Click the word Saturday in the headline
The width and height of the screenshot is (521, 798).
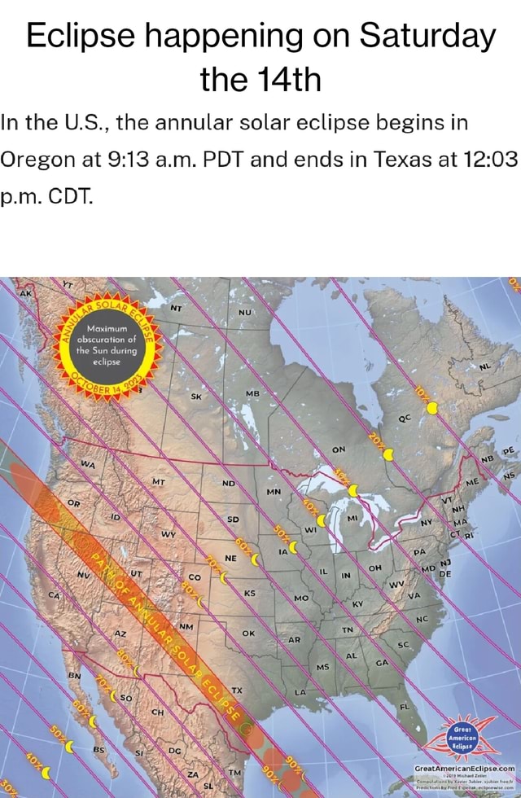[427, 37]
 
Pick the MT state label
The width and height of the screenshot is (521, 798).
[159, 480]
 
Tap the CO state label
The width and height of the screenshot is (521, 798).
[192, 576]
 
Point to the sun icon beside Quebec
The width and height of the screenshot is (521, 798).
[431, 407]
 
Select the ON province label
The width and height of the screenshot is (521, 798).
[339, 452]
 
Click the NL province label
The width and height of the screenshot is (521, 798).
[485, 366]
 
